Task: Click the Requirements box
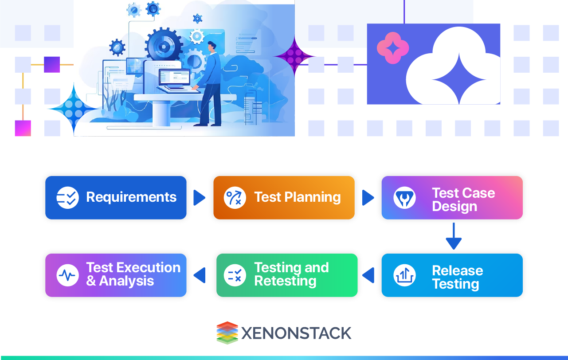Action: [116, 198]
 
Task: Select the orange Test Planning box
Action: [284, 198]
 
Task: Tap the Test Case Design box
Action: [452, 198]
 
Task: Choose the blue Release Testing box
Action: [452, 275]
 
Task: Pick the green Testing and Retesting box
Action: [286, 275]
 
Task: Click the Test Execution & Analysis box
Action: [116, 275]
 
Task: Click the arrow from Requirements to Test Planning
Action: [200, 198]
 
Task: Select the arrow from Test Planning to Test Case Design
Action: [368, 198]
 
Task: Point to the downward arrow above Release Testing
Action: [454, 237]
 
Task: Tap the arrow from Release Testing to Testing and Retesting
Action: [368, 275]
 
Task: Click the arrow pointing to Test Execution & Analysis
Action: [200, 275]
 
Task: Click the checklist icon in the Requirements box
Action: [68, 198]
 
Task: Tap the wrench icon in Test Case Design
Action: [404, 198]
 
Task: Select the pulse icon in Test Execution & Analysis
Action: [68, 275]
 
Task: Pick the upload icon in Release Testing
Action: [404, 275]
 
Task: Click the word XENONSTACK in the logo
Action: [296, 333]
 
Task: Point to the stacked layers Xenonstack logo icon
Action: [227, 333]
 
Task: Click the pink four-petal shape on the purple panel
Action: [392, 48]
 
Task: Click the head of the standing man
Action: [212, 46]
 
